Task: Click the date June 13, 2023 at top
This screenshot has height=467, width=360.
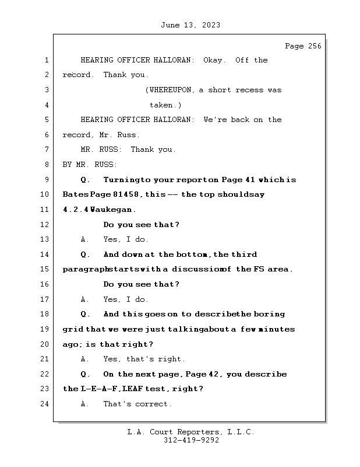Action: click(190, 25)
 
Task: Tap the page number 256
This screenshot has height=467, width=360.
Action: click(312, 46)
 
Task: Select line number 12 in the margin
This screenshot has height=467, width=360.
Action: click(46, 225)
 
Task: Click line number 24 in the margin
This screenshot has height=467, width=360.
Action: click(46, 404)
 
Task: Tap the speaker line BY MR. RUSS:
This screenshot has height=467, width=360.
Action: click(90, 165)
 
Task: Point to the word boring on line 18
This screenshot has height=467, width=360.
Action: click(269, 314)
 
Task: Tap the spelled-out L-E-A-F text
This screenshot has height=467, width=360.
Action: click(100, 389)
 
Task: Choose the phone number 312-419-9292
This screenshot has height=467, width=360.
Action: click(191, 441)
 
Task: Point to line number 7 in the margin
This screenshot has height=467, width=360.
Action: click(46, 150)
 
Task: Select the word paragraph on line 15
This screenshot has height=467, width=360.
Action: click(86, 270)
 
